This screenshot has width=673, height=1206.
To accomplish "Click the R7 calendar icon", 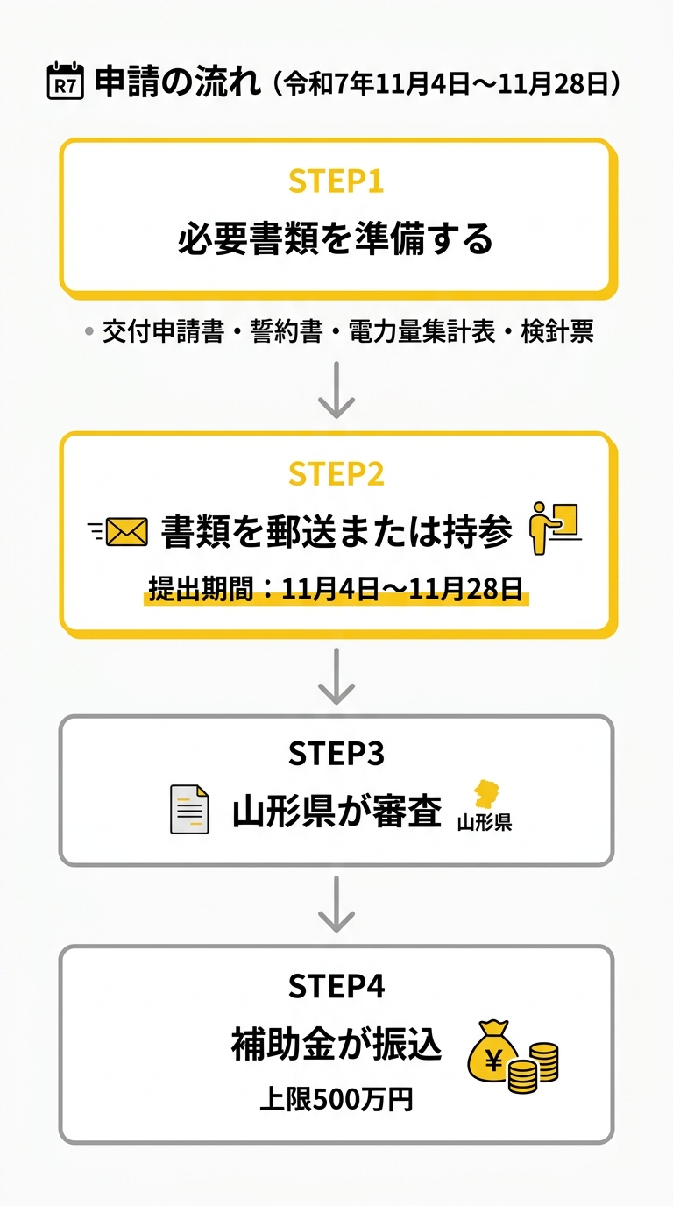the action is (x=65, y=81).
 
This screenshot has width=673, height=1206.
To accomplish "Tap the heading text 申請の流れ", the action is (x=178, y=82).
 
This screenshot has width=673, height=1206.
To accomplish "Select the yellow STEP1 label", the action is (x=336, y=181).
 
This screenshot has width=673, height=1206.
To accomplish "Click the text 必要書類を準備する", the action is (x=336, y=238).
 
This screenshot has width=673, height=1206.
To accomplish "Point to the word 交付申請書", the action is (x=163, y=330).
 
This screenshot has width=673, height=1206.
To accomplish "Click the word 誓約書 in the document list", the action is (x=287, y=330).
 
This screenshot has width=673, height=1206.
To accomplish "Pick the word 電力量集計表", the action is (x=422, y=330).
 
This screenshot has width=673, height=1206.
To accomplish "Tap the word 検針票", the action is (x=557, y=330).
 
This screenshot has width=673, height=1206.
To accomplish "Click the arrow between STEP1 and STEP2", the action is (x=336, y=390).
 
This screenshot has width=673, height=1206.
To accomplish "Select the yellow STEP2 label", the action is (x=336, y=474).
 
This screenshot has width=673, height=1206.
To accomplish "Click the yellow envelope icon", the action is (x=127, y=531).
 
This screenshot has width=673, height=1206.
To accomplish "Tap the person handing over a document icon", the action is (x=556, y=528).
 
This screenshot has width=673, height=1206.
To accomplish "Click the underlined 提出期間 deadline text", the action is (x=336, y=589).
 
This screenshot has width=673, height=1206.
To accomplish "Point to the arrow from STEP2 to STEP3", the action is (x=336, y=677).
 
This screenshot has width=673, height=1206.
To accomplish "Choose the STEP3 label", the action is (x=336, y=753).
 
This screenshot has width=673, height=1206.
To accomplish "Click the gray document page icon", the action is (x=189, y=809).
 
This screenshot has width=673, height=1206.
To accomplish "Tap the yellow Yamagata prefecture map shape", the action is (x=486, y=794).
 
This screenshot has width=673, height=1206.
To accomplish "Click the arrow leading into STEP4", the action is (x=336, y=904).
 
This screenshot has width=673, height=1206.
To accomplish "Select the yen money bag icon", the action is (x=492, y=1050).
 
